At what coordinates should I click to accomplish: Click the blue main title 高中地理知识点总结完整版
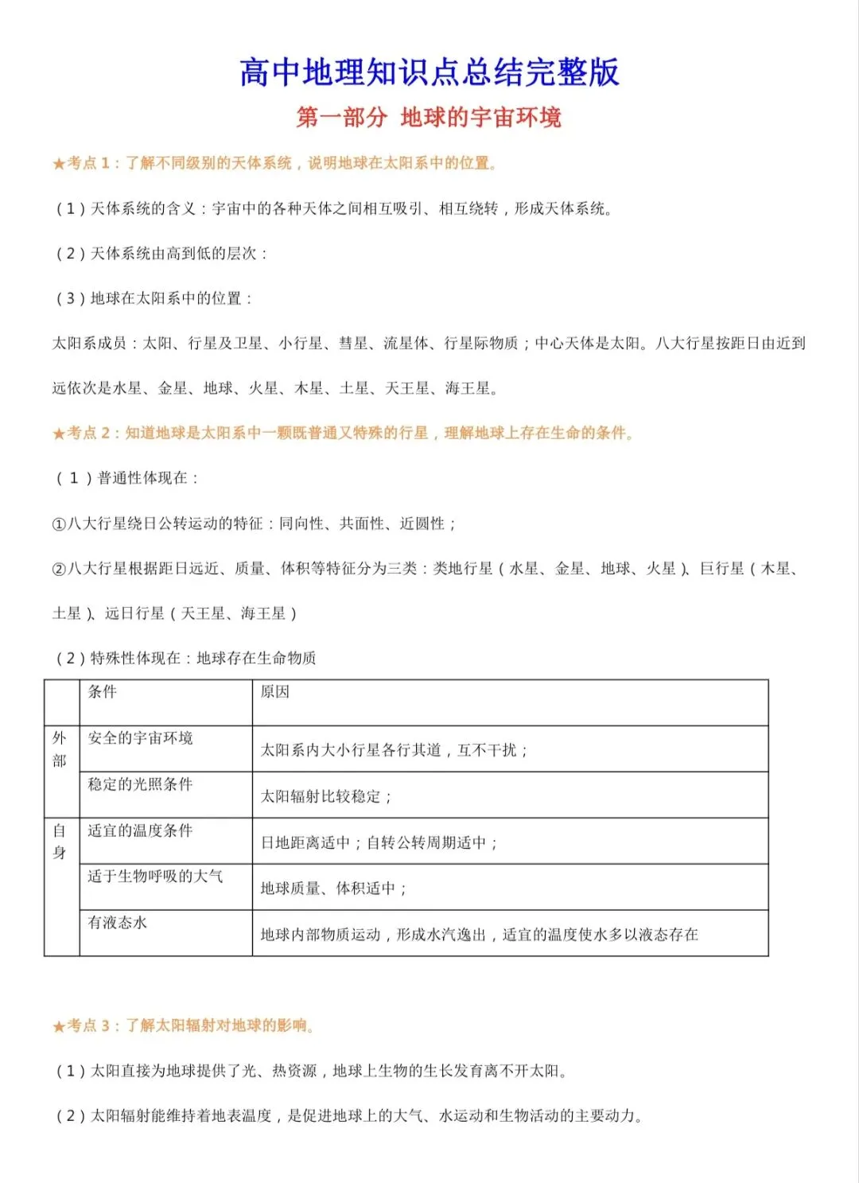pos(429,72)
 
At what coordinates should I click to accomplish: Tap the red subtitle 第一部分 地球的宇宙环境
pos(429,118)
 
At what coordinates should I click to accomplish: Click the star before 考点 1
pos(59,164)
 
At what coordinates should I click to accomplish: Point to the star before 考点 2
pos(59,434)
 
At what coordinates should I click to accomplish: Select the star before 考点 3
pos(59,1027)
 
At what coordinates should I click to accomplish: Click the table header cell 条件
pos(102,692)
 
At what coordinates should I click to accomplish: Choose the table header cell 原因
pos(275,692)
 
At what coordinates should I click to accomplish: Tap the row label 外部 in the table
pos(60,749)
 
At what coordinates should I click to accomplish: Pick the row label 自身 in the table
pos(60,842)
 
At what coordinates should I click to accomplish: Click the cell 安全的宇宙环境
pos(140,738)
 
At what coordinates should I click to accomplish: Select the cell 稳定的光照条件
pos(140,784)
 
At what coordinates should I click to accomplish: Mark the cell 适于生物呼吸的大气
pos(155,877)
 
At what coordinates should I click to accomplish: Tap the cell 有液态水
pos(118,923)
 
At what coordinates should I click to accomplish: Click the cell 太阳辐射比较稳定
pos(326,796)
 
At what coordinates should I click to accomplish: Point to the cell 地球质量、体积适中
pos(333,889)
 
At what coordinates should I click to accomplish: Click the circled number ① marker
pos(59,524)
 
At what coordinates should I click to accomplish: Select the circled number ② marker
pos(59,569)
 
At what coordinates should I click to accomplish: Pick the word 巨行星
pos(722,569)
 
